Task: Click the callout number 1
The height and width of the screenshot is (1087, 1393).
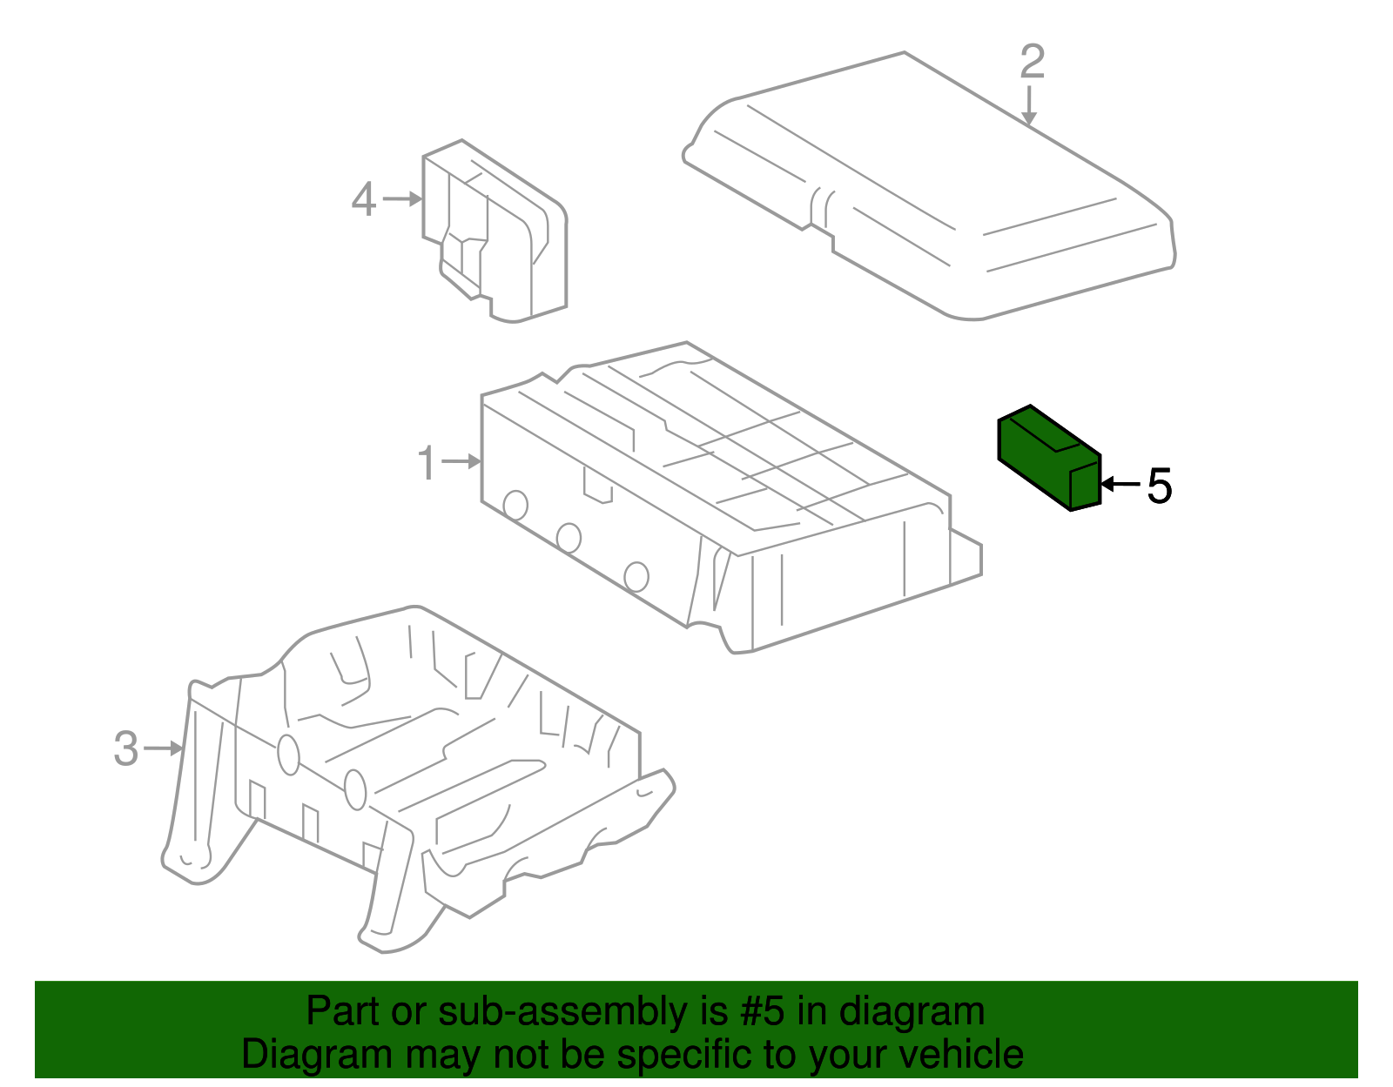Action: pyautogui.click(x=427, y=463)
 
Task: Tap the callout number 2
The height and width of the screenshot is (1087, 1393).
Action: pyautogui.click(x=1032, y=63)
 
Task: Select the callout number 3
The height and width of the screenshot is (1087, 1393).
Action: pyautogui.click(x=126, y=748)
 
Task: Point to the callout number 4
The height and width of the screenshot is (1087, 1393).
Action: pyautogui.click(x=364, y=199)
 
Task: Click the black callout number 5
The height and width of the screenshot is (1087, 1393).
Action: pyautogui.click(x=1160, y=486)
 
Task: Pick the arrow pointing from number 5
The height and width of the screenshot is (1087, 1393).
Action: pyautogui.click(x=1120, y=484)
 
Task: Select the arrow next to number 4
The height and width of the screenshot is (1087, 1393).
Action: pyautogui.click(x=402, y=199)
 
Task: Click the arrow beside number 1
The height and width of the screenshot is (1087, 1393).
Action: pyautogui.click(x=462, y=461)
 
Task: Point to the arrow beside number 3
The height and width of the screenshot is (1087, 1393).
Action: pyautogui.click(x=164, y=748)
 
